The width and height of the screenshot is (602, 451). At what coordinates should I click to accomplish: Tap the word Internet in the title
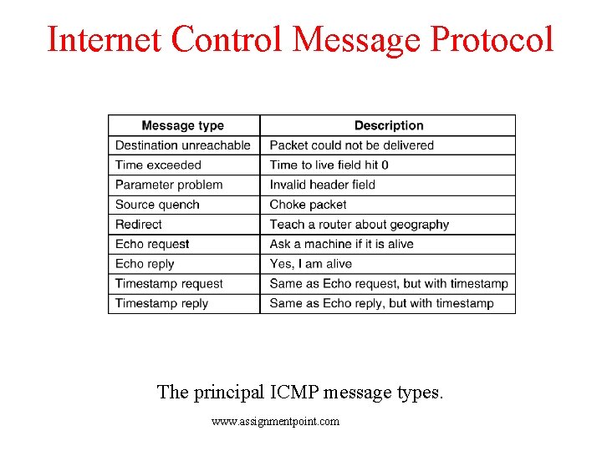click(x=105, y=38)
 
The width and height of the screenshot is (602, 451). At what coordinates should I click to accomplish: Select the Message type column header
click(x=183, y=125)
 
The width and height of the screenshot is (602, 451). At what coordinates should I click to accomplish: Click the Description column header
click(x=389, y=125)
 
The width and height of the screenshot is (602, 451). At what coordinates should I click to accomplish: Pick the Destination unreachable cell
click(x=183, y=145)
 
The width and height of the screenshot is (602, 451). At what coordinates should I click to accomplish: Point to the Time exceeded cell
click(x=159, y=165)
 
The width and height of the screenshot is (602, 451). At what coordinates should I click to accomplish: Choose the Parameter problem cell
click(x=169, y=185)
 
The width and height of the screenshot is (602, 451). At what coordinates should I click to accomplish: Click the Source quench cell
click(x=157, y=205)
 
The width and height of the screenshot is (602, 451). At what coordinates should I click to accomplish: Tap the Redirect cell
click(x=139, y=225)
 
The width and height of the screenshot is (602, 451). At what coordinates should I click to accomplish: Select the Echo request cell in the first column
click(x=152, y=244)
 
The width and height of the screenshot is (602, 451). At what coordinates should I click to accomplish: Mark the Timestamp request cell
click(x=169, y=284)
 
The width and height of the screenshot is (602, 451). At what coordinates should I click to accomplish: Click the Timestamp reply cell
click(x=161, y=303)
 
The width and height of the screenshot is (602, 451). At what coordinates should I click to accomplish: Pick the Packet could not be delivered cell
click(x=352, y=145)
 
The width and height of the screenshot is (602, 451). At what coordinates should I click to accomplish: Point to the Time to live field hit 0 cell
click(x=329, y=165)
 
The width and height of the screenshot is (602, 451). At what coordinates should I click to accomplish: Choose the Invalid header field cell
click(x=323, y=185)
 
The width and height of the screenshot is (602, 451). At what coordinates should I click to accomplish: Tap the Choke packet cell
click(x=308, y=205)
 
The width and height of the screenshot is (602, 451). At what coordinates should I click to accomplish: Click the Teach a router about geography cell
click(x=360, y=225)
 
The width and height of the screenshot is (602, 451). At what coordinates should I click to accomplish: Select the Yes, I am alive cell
click(x=311, y=264)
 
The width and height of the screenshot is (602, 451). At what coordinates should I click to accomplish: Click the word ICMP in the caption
click(x=299, y=391)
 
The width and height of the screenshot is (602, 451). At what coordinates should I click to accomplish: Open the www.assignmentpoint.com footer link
click(x=276, y=422)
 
